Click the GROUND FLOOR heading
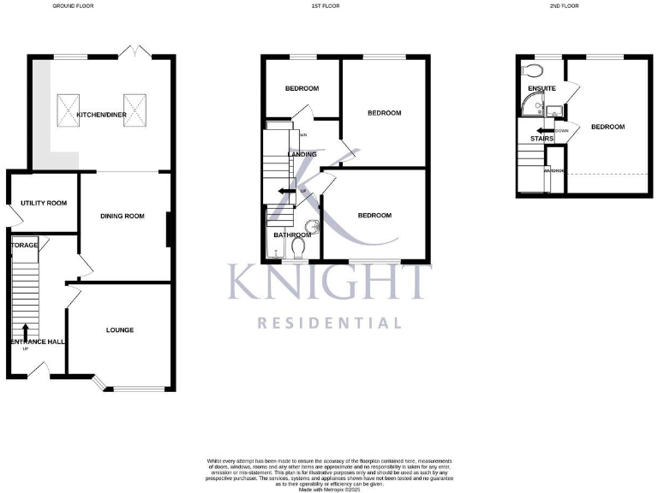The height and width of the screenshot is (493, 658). pos(73,6)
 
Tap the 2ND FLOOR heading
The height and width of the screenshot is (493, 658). pos(564,6)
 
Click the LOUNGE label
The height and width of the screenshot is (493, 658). pos(120,330)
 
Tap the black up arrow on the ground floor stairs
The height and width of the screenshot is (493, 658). pos(25,331)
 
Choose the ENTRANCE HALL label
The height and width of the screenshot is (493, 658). pos(38,342)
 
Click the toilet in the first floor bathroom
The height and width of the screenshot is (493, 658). pos(298,246)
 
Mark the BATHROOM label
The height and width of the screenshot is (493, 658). pos(291,234)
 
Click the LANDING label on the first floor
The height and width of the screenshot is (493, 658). pos(302,154)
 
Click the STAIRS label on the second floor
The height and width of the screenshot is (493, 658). pos(541,138)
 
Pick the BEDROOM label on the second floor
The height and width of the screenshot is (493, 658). pos(607,127)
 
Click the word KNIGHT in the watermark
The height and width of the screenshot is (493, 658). pos(329,282)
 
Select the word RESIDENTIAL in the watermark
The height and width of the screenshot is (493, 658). pos(329,323)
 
